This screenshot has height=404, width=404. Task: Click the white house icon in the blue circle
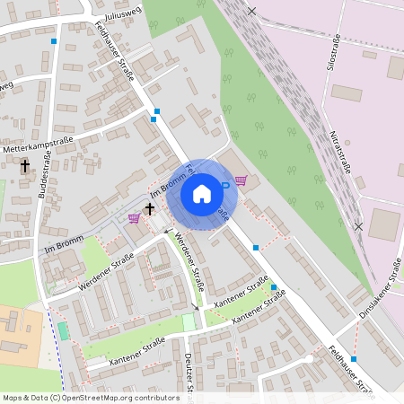[x=202, y=193]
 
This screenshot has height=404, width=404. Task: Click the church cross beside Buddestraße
[x=25, y=166]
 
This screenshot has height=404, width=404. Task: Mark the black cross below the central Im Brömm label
[x=149, y=208]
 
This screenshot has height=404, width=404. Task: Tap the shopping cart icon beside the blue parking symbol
[x=241, y=180]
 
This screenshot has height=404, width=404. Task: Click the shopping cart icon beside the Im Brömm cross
[x=134, y=217]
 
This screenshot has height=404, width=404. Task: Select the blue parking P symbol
[x=224, y=185]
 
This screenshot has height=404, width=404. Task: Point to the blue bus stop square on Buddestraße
[x=54, y=41]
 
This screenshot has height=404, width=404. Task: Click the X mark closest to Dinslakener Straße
[x=358, y=226]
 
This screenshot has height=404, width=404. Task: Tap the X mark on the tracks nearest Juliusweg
[x=251, y=11]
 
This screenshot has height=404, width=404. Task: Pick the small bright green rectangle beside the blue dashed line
[x=63, y=330]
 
